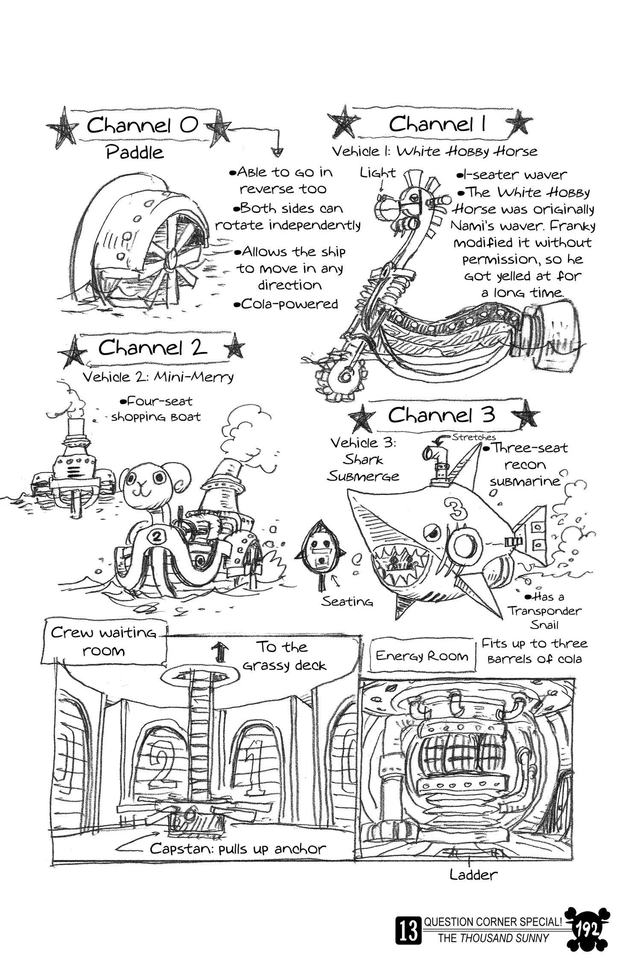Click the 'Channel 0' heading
tap(142, 126)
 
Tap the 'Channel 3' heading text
tap(441, 414)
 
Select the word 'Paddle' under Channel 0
tap(135, 153)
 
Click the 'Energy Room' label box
tap(422, 656)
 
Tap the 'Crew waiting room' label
tap(103, 641)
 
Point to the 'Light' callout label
tap(378, 173)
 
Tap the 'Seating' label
tap(347, 602)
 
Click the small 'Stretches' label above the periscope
tap(474, 437)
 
